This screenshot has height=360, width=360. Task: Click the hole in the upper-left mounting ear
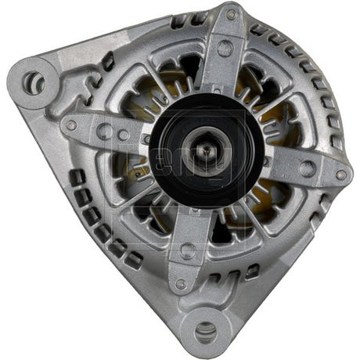tap(34, 80)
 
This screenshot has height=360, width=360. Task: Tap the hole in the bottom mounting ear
tap(206, 331)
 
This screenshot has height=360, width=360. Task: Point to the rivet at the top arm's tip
tap(232, 14)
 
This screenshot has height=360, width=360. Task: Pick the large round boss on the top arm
tap(225, 49)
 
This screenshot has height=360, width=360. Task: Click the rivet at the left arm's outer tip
tap(71, 125)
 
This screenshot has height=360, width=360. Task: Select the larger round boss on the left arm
tap(105, 131)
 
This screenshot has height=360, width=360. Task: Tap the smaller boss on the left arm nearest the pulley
tap(124, 135)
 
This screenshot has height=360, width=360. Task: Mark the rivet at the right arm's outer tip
tap(340, 175)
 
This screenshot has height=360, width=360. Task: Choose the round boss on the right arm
tap(307, 167)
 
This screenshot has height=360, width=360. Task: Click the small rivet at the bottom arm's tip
tap(182, 283)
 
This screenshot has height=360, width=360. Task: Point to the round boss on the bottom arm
tap(187, 250)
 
